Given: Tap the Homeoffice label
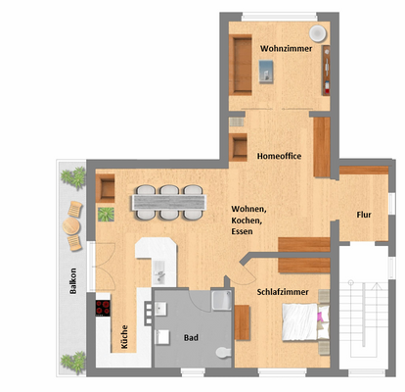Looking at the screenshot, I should [x=279, y=155].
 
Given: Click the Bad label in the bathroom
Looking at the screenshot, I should [x=192, y=338].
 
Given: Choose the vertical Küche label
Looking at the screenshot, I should [x=124, y=338].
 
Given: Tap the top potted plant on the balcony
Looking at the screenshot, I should [x=73, y=177].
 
